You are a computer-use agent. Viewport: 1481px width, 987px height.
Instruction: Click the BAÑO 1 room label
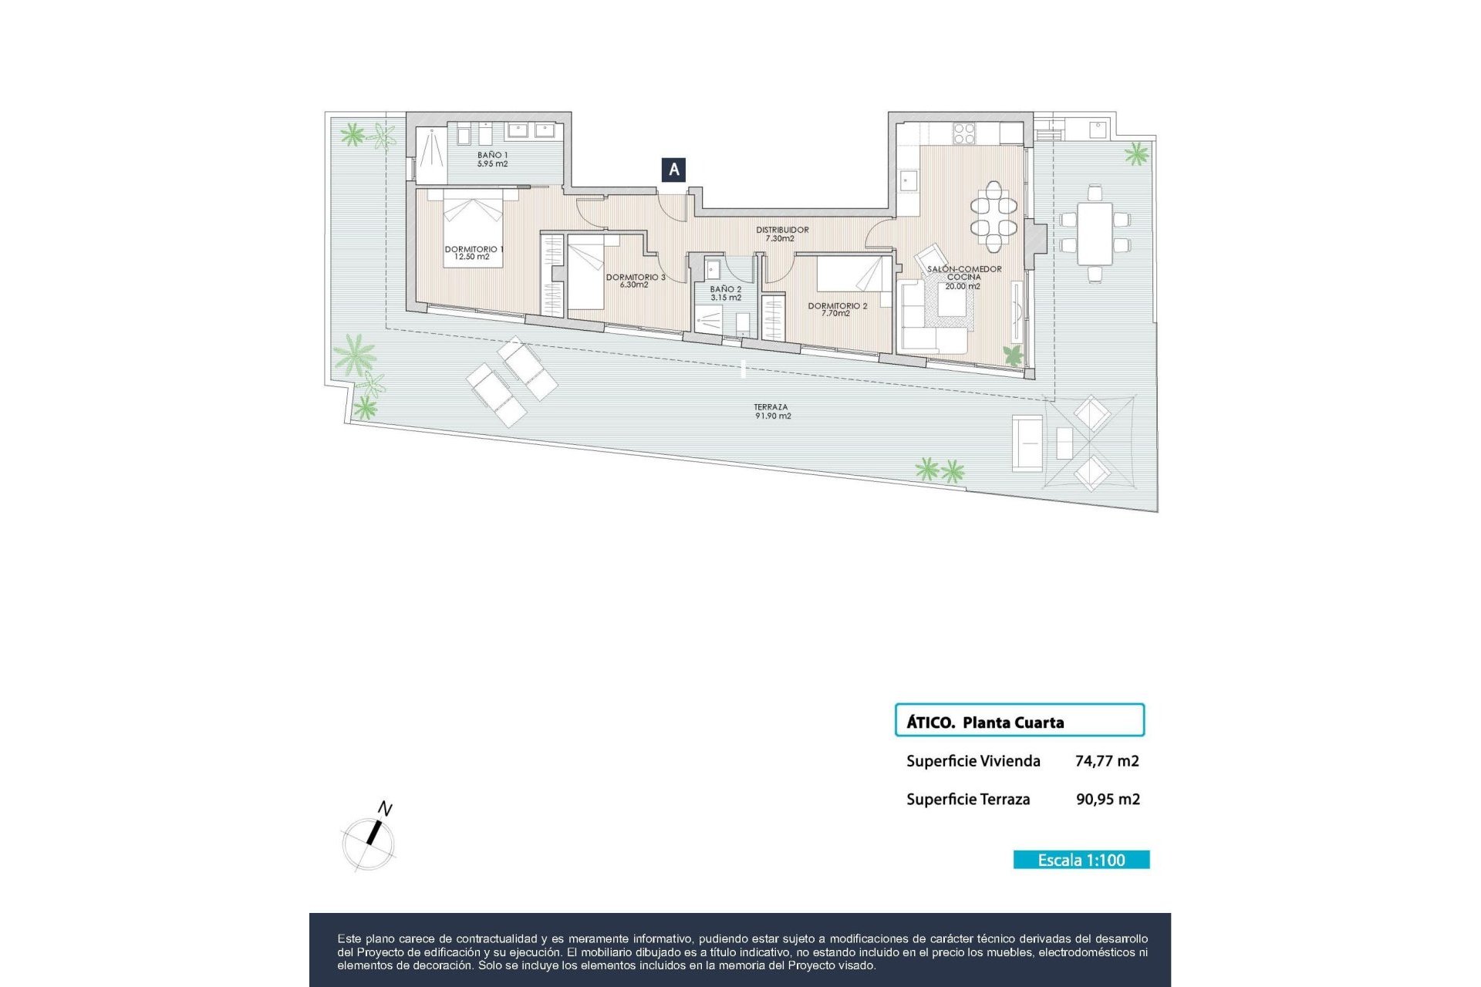pyautogui.click(x=492, y=160)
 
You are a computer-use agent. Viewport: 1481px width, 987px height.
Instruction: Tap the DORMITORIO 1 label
pyautogui.click(x=473, y=253)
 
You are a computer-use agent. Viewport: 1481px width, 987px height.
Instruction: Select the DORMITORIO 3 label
pyautogui.click(x=635, y=281)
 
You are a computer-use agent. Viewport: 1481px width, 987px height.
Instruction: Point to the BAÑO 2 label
pyautogui.click(x=726, y=293)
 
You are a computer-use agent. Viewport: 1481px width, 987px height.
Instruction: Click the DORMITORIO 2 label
pyautogui.click(x=837, y=309)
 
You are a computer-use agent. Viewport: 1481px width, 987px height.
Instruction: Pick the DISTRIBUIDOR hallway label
pyautogui.click(x=781, y=234)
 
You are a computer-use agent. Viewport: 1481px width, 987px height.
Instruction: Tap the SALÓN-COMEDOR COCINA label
pyautogui.click(x=963, y=277)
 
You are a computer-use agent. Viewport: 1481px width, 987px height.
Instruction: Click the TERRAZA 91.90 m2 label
pyautogui.click(x=772, y=411)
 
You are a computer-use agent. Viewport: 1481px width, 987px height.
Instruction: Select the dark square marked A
pyautogui.click(x=674, y=170)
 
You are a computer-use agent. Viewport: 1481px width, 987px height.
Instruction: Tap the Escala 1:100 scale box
pyautogui.click(x=1081, y=860)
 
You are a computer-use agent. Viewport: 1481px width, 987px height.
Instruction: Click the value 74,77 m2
pyautogui.click(x=1107, y=761)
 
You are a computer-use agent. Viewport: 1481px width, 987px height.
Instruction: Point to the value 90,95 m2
pyautogui.click(x=1108, y=800)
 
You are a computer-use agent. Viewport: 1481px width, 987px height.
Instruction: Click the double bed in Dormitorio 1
pyautogui.click(x=473, y=229)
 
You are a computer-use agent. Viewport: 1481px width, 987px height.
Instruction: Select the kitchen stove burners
pyautogui.click(x=964, y=133)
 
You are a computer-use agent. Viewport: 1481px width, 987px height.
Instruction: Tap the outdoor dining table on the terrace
pyautogui.click(x=1095, y=233)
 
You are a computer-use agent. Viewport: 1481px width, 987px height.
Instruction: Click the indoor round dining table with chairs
pyautogui.click(x=994, y=217)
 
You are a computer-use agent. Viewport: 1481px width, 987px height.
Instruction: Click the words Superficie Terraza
pyautogui.click(x=968, y=800)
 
